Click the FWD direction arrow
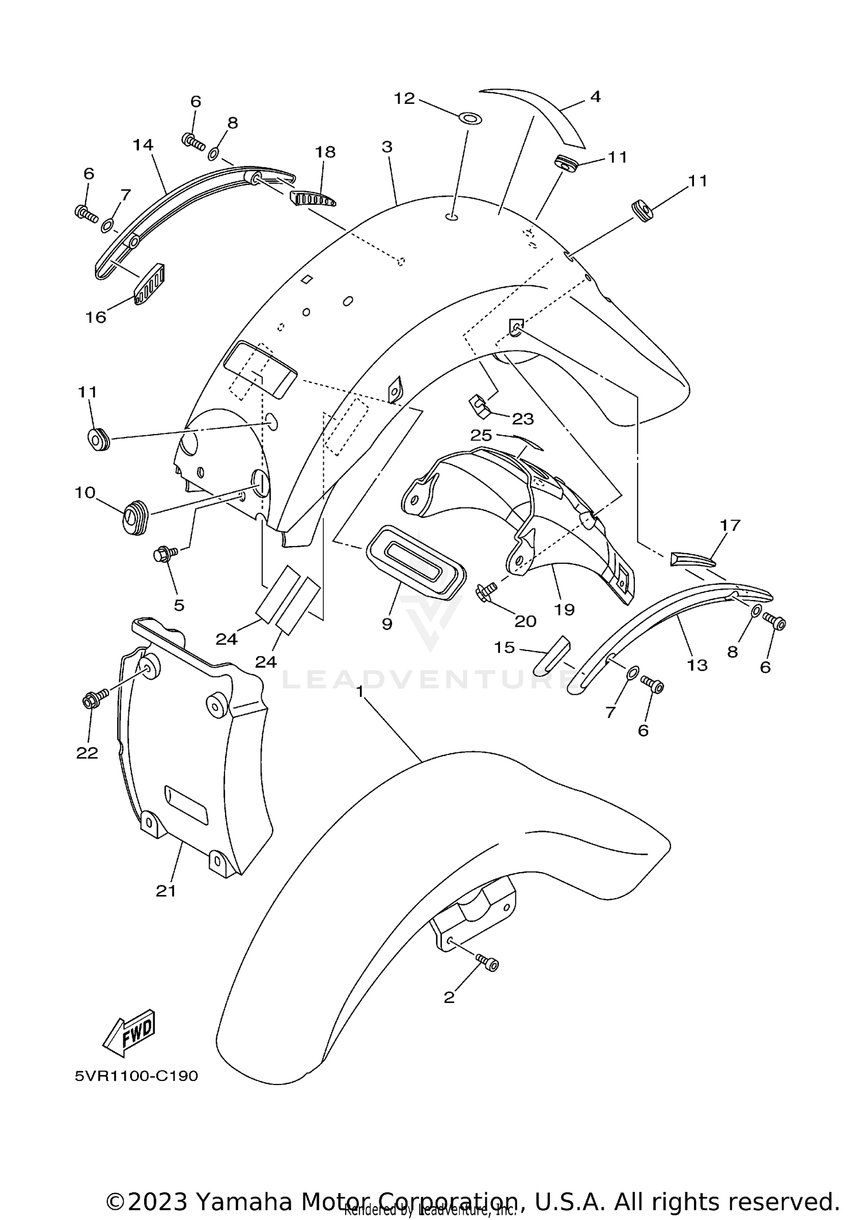(x=129, y=1033)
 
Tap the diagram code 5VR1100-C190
(x=136, y=1075)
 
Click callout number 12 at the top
(x=404, y=99)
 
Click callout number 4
(x=595, y=96)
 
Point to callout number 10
(x=85, y=492)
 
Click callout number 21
(x=166, y=890)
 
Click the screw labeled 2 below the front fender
(x=487, y=963)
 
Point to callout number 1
(x=360, y=691)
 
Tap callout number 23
(x=522, y=419)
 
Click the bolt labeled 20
(x=486, y=592)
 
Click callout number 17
(x=730, y=525)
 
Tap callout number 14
(x=143, y=145)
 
